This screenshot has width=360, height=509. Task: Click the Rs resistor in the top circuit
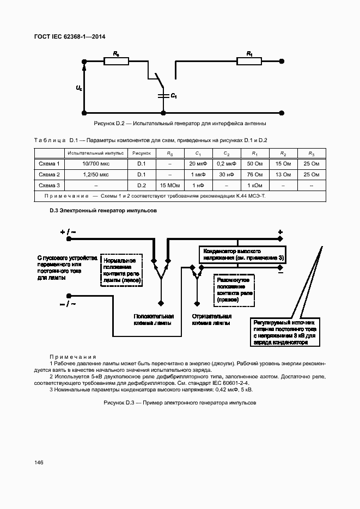point(117,62)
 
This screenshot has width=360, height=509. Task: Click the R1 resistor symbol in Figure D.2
point(250,62)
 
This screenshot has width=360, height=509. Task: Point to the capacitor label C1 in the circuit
point(173,96)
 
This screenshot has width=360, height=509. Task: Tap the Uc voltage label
point(79,88)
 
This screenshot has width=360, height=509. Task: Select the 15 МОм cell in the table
point(170,186)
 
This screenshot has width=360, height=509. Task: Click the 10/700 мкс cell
point(96,163)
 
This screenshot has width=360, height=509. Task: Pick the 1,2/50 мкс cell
point(96,175)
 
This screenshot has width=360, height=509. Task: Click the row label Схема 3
point(49,186)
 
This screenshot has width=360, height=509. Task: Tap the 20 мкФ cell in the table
point(198,163)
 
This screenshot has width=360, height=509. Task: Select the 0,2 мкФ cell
point(226,163)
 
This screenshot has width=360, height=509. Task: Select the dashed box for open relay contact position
point(235,289)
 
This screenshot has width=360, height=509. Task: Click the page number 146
point(39,463)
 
